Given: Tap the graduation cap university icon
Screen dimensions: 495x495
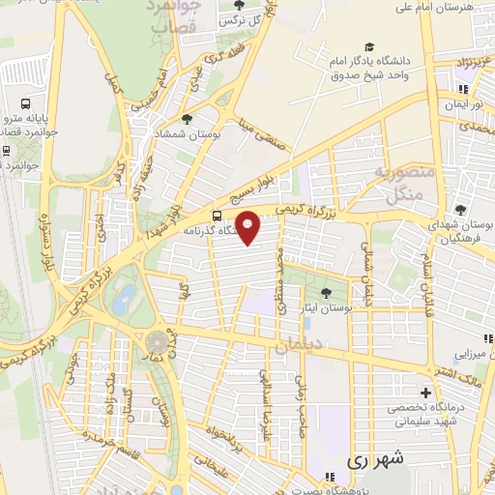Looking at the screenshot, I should pyautogui.click(x=368, y=46).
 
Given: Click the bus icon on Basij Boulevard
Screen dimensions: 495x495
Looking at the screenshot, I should pyautogui.click(x=216, y=215).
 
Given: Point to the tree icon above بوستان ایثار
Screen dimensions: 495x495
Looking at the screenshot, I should pyautogui.click(x=326, y=290).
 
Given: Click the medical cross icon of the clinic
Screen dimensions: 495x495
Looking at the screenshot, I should pyautogui.click(x=425, y=393).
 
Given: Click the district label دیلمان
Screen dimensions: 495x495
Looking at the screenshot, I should pyautogui.click(x=296, y=346).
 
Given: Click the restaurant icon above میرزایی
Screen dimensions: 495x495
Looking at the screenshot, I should pyautogui.click(x=488, y=338).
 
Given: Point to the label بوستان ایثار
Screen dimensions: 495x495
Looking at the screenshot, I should pyautogui.click(x=326, y=307).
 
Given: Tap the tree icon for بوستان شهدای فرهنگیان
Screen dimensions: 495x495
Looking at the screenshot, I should pyautogui.click(x=460, y=208).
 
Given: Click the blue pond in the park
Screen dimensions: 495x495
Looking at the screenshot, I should pyautogui.click(x=123, y=300).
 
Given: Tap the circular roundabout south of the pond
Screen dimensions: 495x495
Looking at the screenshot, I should pyautogui.click(x=156, y=342).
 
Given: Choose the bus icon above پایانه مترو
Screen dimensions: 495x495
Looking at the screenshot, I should pyautogui.click(x=23, y=104).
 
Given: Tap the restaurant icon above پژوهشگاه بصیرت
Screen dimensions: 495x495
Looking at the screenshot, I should pyautogui.click(x=328, y=475).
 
